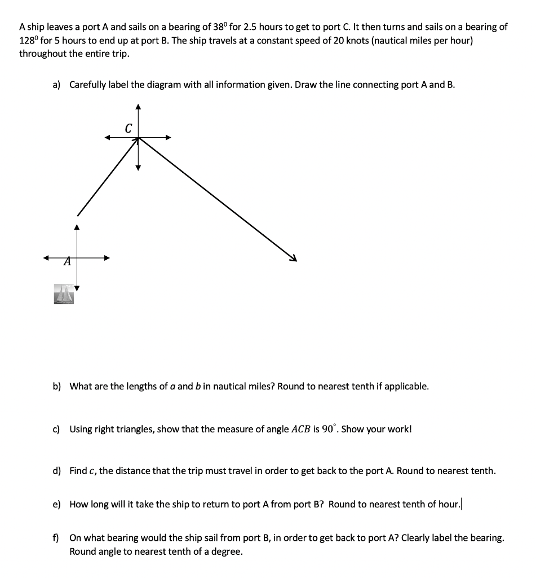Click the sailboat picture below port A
click(x=64, y=294)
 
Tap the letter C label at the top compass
click(x=129, y=129)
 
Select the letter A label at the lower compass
click(x=67, y=261)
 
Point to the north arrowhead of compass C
click(x=138, y=107)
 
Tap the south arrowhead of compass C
click(x=138, y=167)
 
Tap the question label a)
click(x=56, y=85)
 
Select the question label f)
click(x=56, y=538)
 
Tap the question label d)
click(x=56, y=471)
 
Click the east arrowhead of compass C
click(x=167, y=137)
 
